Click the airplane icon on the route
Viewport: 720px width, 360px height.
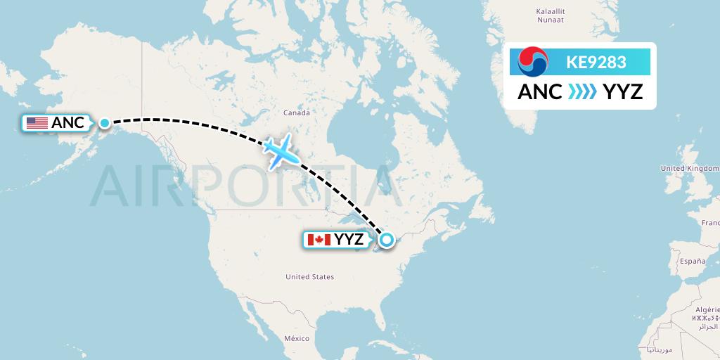tap(280, 150)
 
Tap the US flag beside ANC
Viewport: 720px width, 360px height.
tap(37, 123)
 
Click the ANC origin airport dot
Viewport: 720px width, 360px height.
tap(105, 123)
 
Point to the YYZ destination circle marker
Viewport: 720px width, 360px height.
tap(386, 240)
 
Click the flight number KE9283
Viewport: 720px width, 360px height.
tap(596, 63)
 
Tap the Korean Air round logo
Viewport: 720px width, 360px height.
tap(533, 63)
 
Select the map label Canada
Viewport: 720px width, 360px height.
tap(296, 112)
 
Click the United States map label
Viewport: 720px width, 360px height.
tap(309, 277)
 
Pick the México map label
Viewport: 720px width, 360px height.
tap(297, 339)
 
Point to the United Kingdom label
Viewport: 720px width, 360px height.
tap(690, 169)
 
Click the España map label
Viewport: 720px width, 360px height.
tap(691, 261)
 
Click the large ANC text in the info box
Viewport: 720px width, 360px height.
tap(539, 92)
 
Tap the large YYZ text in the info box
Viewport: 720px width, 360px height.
tap(623, 92)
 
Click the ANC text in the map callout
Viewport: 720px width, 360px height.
tap(67, 123)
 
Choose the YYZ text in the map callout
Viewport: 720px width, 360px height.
tap(349, 240)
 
